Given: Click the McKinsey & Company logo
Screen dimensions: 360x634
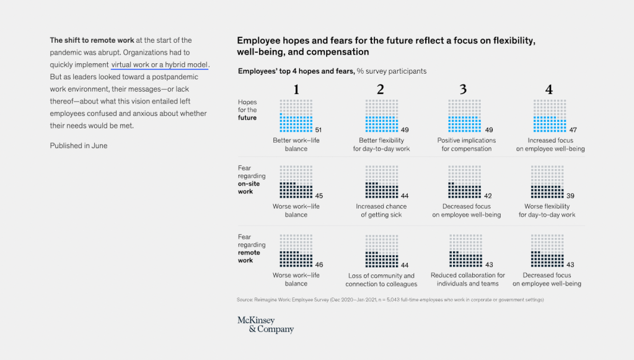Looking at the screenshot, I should pos(265,325).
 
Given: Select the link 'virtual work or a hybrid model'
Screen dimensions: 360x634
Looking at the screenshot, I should pos(160,64).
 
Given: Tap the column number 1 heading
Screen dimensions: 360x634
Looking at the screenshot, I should pos(296,90).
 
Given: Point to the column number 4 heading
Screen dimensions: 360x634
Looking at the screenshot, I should pos(549,90).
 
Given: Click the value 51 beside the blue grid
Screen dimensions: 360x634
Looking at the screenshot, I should pos(319,130).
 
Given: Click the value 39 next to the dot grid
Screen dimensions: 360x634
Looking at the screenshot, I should pos(570,196).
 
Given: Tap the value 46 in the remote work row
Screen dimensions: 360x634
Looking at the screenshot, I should pos(319,265).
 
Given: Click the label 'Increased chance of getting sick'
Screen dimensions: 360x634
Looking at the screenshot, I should pos(381,211).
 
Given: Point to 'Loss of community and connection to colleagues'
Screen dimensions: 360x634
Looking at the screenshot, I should pos(381,280).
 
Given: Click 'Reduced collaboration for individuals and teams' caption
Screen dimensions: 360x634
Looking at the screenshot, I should pos(467,279).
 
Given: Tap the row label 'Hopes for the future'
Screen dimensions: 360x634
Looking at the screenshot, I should pos(248,110).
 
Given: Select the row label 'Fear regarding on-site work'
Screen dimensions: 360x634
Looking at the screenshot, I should pos(252,180).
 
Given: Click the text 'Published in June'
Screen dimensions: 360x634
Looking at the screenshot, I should pos(79,146).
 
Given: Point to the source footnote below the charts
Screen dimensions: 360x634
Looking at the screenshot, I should pos(390,300).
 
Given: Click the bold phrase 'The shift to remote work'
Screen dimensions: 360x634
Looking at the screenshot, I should pos(92,40).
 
